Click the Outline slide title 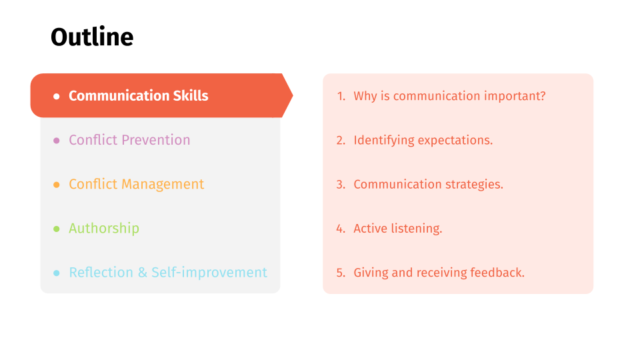92,37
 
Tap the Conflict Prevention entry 129,140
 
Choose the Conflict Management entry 136,184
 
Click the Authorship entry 104,228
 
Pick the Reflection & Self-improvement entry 168,272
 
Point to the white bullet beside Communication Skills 56,96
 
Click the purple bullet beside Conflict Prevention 56,141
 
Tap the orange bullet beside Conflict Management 56,185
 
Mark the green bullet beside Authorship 56,229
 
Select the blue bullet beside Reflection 56,273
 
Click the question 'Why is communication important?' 449,96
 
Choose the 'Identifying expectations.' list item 423,140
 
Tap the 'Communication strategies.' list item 428,184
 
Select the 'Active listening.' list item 397,228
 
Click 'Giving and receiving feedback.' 439,272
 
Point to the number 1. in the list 341,96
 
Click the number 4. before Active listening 341,229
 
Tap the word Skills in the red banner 191,95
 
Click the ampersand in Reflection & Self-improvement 143,272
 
